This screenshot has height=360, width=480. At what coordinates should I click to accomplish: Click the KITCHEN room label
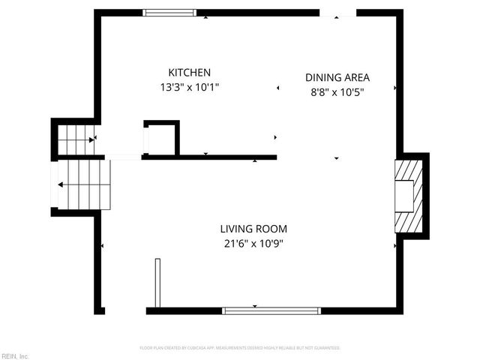pyautogui.click(x=189, y=73)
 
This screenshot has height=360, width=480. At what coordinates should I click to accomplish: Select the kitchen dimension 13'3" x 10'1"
pyautogui.click(x=189, y=86)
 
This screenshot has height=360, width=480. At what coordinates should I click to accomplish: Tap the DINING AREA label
pyautogui.click(x=337, y=77)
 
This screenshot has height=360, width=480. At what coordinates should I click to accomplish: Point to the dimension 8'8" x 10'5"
pyautogui.click(x=337, y=91)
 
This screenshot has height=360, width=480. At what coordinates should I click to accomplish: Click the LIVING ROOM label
pyautogui.click(x=253, y=229)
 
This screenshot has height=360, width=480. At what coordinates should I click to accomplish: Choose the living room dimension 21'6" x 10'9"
pyautogui.click(x=253, y=243)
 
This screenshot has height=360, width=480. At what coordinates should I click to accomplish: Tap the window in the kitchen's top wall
pyautogui.click(x=170, y=13)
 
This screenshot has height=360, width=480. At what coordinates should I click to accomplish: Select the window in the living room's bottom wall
pyautogui.click(x=271, y=310)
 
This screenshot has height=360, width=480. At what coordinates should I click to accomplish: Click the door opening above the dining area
pyautogui.click(x=337, y=13)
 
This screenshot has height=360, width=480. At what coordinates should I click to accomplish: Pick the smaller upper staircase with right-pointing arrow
pyautogui.click(x=76, y=139)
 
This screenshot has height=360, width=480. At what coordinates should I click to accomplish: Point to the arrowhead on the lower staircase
pyautogui.click(x=61, y=183)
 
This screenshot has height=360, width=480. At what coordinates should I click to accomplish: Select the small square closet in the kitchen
pyautogui.click(x=161, y=138)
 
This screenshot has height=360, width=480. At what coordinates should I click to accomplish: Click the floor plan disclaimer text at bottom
pyautogui.click(x=240, y=348)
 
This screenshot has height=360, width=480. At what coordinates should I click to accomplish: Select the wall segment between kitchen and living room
pyautogui.click(x=210, y=157)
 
